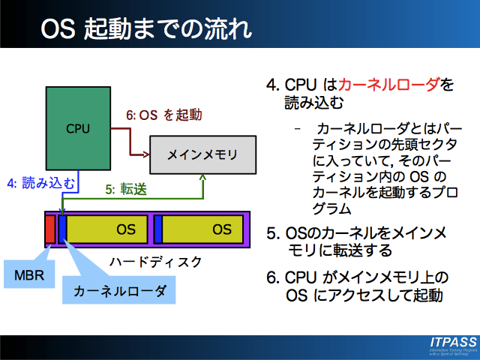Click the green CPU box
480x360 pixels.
click(x=77, y=127)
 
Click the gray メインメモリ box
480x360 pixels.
click(x=202, y=155)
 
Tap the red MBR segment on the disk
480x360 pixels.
click(x=50, y=229)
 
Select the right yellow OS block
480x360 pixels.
click(x=202, y=229)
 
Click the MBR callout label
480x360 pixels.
click(x=29, y=275)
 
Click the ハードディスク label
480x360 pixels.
click(x=155, y=262)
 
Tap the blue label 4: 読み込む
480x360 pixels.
click(x=31, y=181)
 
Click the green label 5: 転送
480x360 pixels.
click(x=124, y=190)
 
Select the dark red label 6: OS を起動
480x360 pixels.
click(x=163, y=115)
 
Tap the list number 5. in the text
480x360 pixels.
click(x=272, y=232)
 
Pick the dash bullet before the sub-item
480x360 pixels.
click(x=298, y=127)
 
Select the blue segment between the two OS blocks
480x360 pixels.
click(x=158, y=229)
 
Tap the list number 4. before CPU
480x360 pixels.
click(x=272, y=84)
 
